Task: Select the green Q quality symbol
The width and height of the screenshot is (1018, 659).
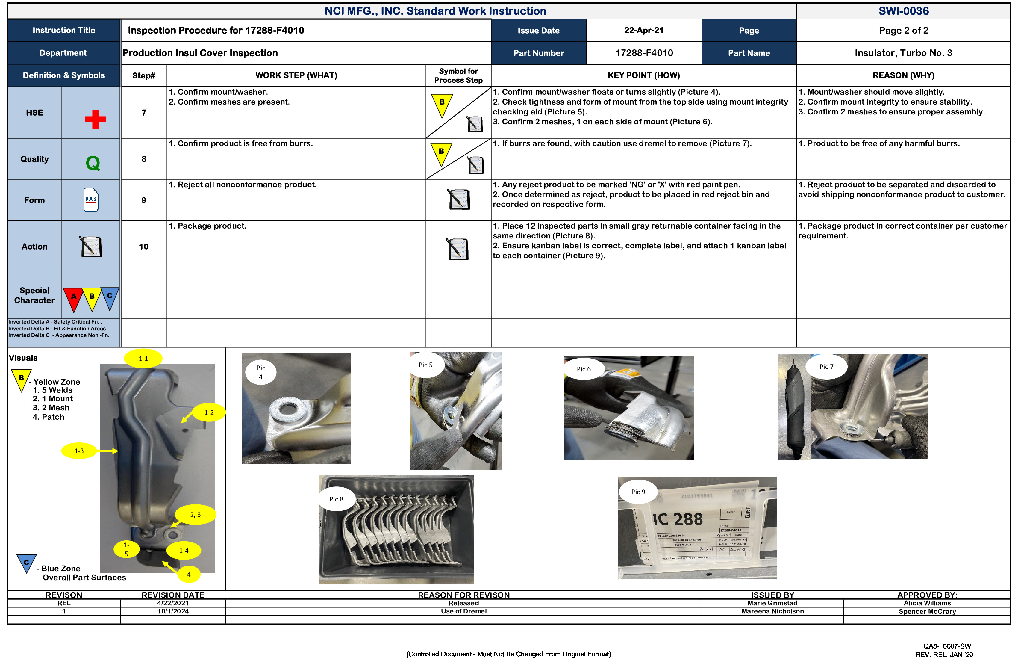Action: point(93,163)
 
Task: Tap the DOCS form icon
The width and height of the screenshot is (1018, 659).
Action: point(91,200)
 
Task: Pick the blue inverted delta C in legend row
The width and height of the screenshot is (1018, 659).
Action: point(110,297)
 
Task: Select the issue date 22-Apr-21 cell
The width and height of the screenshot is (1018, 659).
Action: point(643,30)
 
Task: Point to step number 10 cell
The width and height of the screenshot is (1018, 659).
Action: point(144,247)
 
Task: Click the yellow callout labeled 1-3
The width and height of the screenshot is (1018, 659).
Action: point(79,451)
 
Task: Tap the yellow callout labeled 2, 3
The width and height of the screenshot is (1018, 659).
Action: point(196,514)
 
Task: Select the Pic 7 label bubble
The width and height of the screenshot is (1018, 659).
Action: point(826,367)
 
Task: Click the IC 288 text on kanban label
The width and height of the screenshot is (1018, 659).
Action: point(678,519)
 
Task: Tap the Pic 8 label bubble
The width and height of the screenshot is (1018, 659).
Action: point(336,499)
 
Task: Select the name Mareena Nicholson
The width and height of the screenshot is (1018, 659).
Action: point(772,611)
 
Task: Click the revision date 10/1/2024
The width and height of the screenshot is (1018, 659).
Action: point(173,611)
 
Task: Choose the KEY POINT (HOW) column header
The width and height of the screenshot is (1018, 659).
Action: point(643,75)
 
